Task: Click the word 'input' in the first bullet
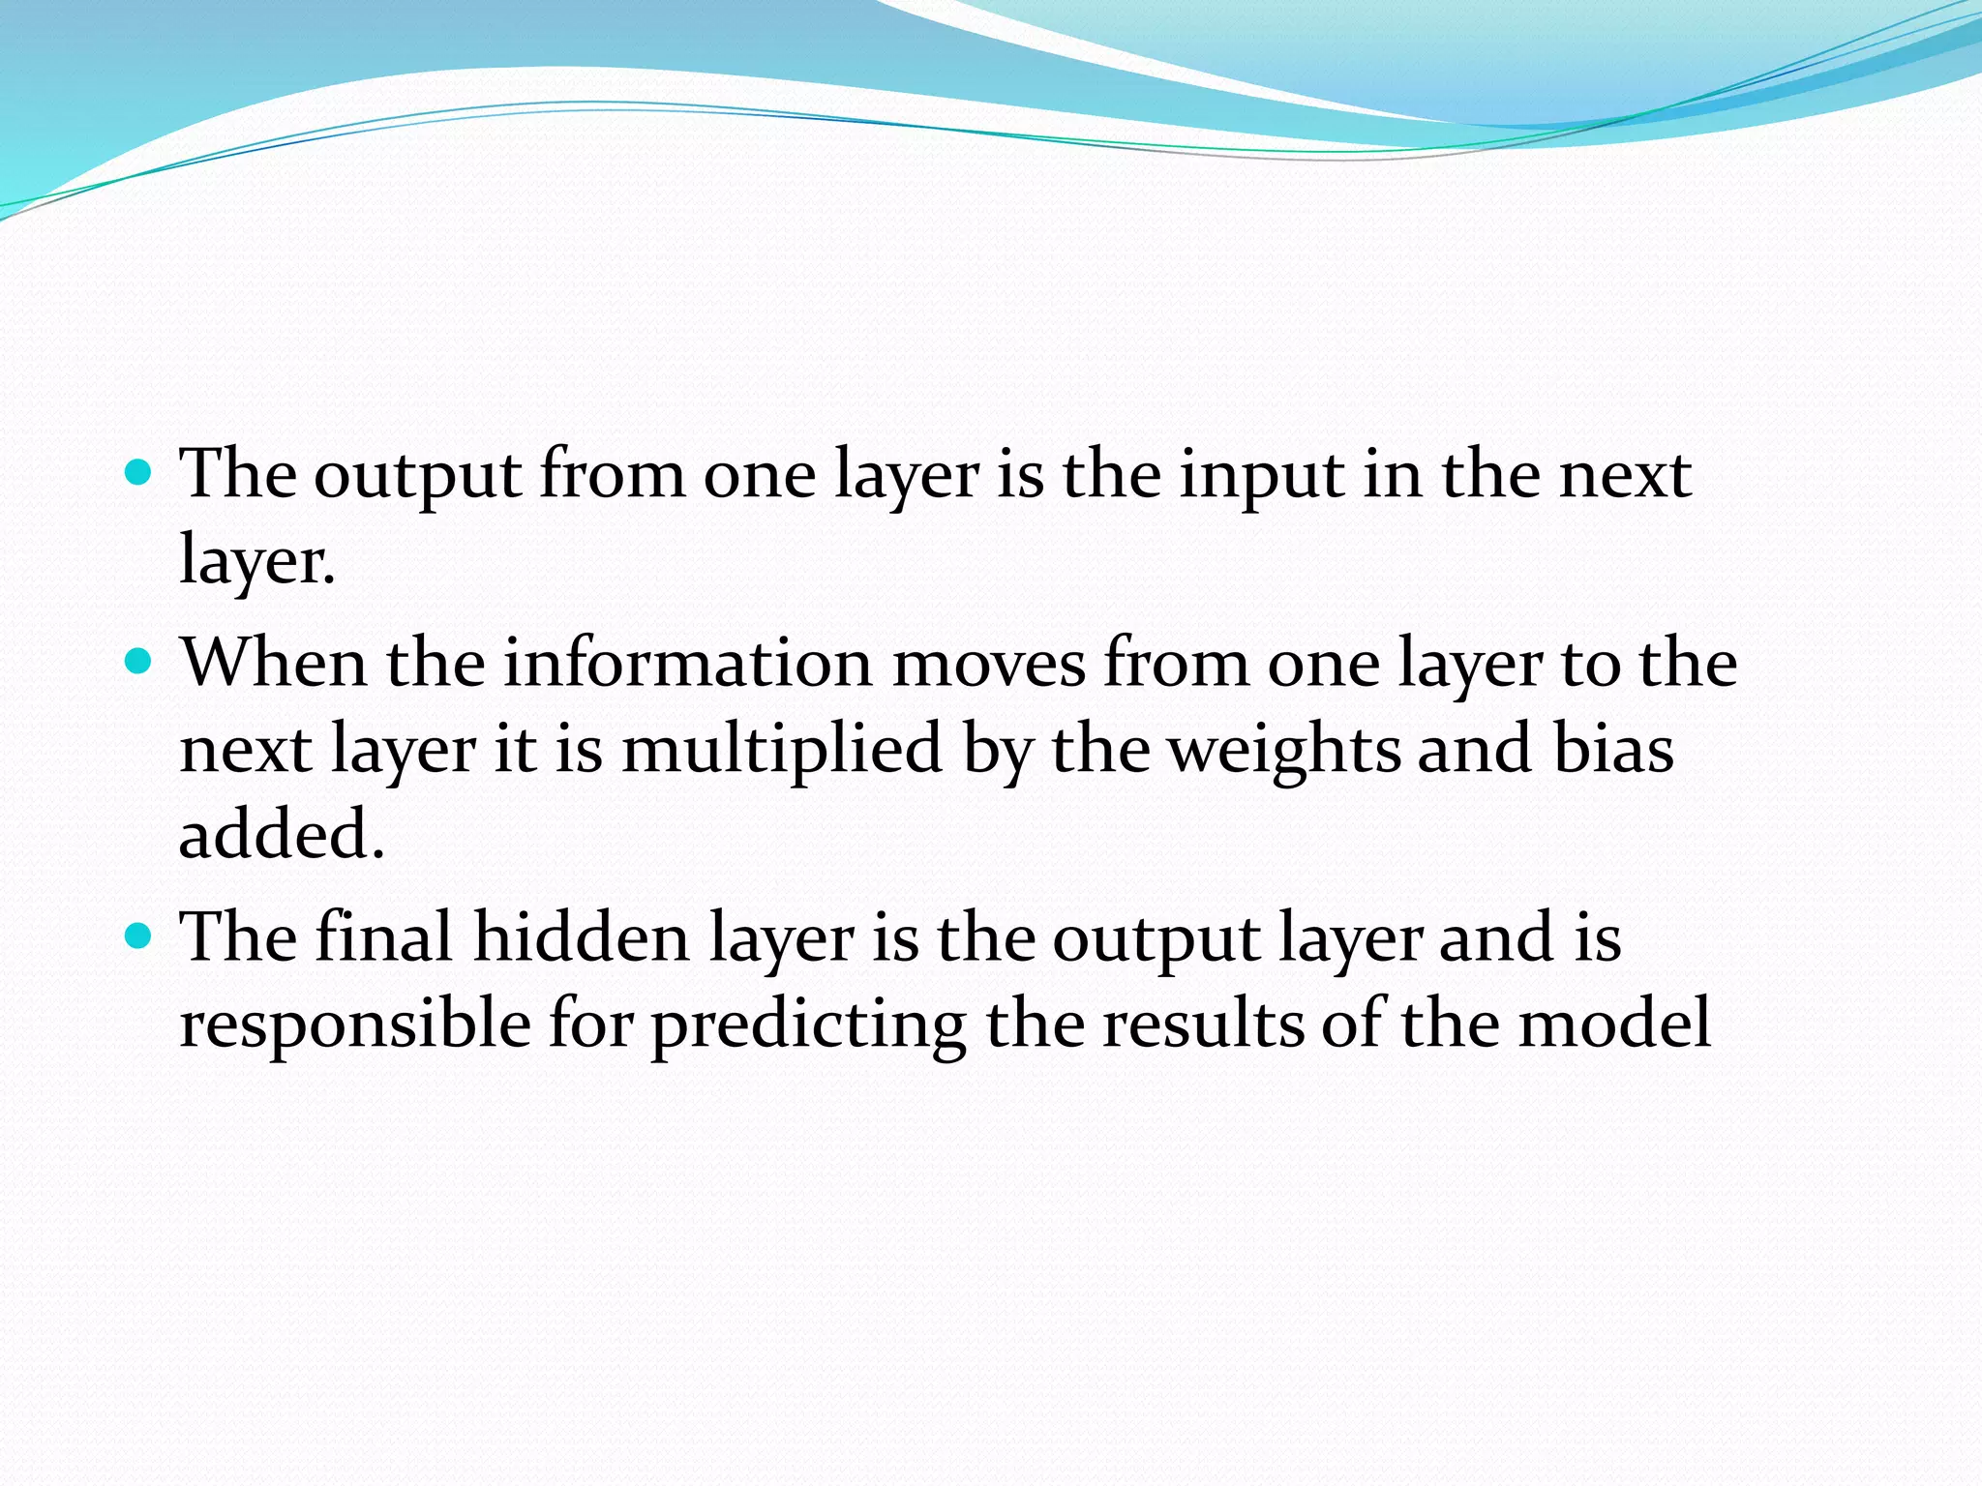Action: click(1261, 477)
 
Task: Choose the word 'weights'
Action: click(1284, 751)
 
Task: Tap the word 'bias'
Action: click(1613, 751)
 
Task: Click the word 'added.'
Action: click(282, 834)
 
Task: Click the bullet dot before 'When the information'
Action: click(140, 662)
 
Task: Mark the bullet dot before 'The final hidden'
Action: click(140, 936)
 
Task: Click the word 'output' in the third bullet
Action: click(1156, 939)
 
